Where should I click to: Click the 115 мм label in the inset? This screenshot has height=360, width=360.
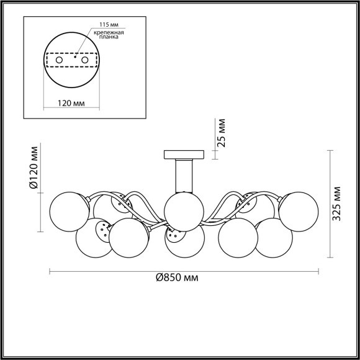101,25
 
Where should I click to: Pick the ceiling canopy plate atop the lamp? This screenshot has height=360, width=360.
184,155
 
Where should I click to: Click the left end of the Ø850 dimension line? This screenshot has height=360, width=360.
49,271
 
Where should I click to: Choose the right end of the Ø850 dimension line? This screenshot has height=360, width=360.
318,271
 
